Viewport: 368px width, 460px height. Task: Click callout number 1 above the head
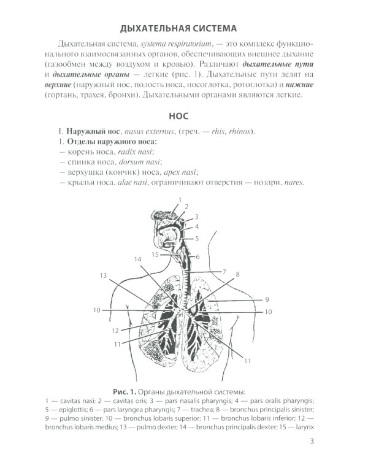point(180,200)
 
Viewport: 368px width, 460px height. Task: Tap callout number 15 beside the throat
point(155,254)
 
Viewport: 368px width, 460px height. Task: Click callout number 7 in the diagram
point(224,271)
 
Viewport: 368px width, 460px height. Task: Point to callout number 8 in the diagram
point(237,274)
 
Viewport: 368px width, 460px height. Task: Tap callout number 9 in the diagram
point(267,299)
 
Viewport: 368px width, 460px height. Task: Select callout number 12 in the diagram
point(115,331)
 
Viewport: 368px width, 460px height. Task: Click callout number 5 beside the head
point(197,238)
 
